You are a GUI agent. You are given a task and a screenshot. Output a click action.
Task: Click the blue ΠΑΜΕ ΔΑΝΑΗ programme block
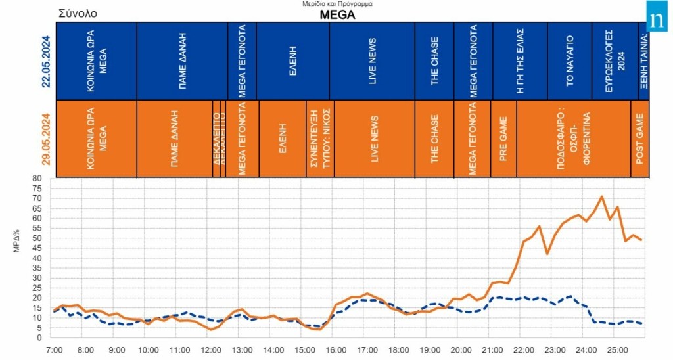pyautogui.click(x=182, y=61)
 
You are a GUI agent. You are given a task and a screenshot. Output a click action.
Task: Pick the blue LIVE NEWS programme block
pyautogui.click(x=372, y=61)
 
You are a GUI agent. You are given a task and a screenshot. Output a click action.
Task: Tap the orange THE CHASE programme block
pyautogui.click(x=434, y=139)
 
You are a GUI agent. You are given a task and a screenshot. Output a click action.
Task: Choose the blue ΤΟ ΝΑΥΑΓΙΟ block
pyautogui.click(x=569, y=61)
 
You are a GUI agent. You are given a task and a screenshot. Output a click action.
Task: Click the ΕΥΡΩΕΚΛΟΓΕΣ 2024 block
pyautogui.click(x=614, y=61)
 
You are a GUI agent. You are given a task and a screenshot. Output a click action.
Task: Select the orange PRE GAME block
pyautogui.click(x=503, y=139)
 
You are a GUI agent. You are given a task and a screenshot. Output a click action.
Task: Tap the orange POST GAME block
pyautogui.click(x=639, y=139)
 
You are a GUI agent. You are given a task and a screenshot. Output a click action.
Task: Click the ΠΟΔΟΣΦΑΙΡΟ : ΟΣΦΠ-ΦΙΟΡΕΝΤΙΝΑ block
pyautogui.click(x=573, y=139)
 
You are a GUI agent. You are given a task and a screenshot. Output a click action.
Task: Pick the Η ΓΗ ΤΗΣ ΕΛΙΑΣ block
pyautogui.click(x=519, y=61)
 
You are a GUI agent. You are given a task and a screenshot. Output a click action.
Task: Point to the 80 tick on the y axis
pyautogui.click(x=37, y=178)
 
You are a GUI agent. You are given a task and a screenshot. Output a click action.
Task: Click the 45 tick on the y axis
pyautogui.click(x=37, y=248)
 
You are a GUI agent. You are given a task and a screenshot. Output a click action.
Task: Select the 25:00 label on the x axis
pyautogui.click(x=618, y=349)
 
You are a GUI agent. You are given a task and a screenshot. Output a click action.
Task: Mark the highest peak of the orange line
pyautogui.click(x=601, y=196)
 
